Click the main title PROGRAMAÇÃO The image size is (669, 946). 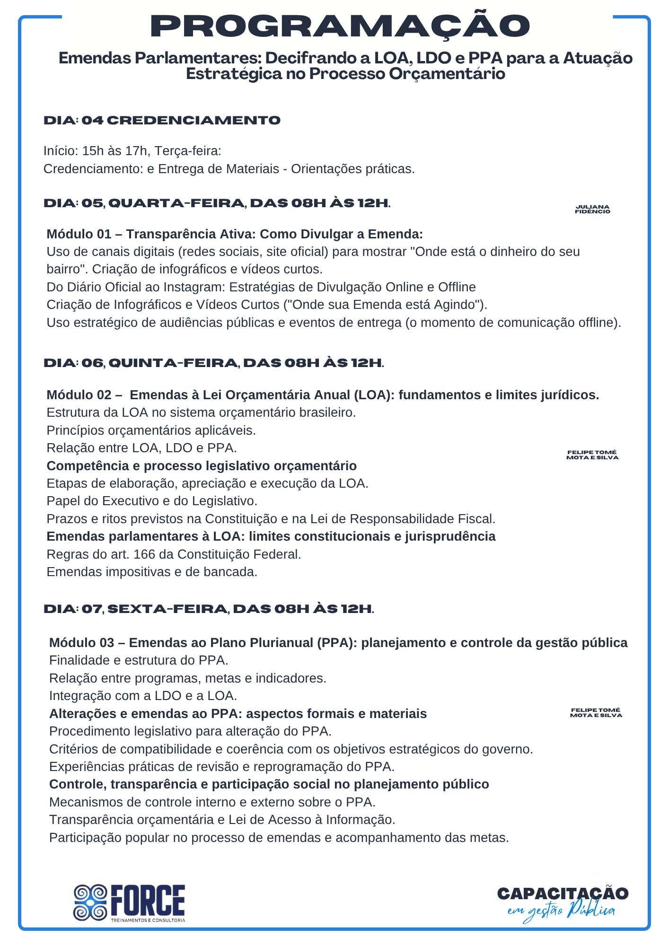click(x=340, y=26)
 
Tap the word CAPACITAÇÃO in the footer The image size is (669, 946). click(x=563, y=893)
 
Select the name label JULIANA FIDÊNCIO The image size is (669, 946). click(x=592, y=209)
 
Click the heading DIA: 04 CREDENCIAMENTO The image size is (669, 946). click(x=162, y=120)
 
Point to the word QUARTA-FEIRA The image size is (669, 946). click(x=176, y=203)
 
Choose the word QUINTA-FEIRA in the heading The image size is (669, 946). click(x=173, y=363)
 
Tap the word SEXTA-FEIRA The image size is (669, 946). click(x=167, y=609)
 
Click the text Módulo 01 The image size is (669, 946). click(x=79, y=234)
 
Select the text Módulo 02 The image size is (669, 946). click(x=79, y=395)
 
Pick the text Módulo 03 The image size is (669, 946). click(x=82, y=643)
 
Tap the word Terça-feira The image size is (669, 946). click(x=188, y=151)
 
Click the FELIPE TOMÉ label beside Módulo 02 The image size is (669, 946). click(x=592, y=455)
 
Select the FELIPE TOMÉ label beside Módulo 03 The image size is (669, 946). click(x=596, y=713)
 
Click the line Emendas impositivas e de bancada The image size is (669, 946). click(x=152, y=572)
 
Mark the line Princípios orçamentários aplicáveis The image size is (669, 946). click(x=151, y=430)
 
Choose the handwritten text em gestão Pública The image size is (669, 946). click(x=561, y=911)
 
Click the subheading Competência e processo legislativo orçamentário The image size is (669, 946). click(x=202, y=466)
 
